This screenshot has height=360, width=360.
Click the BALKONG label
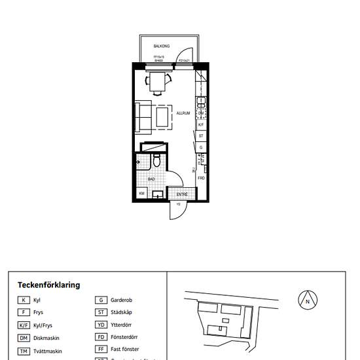coord(162,46)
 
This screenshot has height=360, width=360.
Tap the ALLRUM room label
coord(183,113)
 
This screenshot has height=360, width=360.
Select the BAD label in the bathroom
coord(151,177)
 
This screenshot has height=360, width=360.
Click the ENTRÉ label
coord(181,194)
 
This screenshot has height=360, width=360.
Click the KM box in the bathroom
coord(141,194)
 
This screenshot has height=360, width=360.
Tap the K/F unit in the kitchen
coord(202,124)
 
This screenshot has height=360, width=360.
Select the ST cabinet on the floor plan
coord(202,135)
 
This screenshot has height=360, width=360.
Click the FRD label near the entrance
coord(202,178)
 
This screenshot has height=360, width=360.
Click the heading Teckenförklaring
coord(48,285)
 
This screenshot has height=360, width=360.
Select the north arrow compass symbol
coord(308,300)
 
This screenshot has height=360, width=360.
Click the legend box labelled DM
coord(24,338)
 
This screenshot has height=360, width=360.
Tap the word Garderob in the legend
coord(121,300)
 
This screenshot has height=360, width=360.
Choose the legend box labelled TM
coord(24,351)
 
